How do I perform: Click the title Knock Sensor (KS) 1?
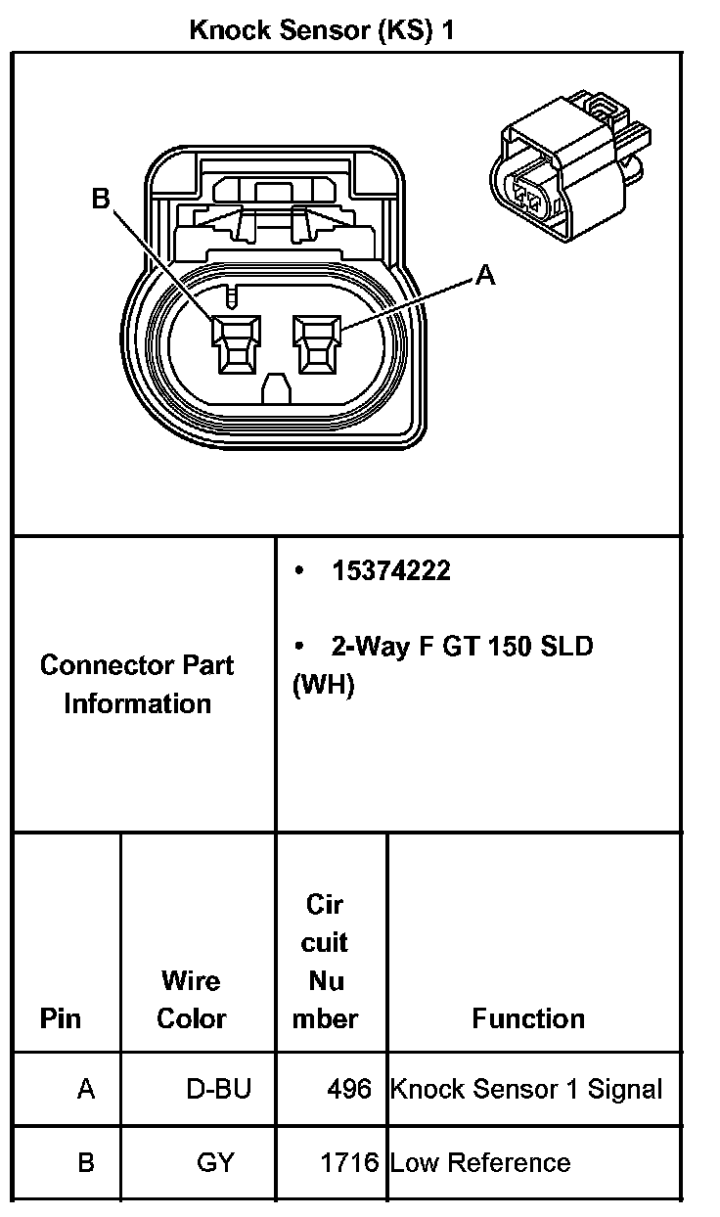(322, 30)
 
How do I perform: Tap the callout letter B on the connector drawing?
(101, 199)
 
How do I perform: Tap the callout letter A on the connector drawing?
(485, 277)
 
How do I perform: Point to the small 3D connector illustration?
(569, 165)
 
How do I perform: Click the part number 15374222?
(390, 571)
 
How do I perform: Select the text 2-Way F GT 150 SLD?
(462, 647)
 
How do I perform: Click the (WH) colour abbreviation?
(323, 685)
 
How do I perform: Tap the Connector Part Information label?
(137, 684)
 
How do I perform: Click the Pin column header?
(61, 1018)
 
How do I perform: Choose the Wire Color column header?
(192, 999)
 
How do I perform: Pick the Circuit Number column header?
(325, 961)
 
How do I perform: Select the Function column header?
(528, 1018)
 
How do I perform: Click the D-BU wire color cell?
(218, 1089)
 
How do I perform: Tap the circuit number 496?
(351, 1089)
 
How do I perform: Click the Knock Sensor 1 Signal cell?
(526, 1089)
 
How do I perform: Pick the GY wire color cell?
(215, 1163)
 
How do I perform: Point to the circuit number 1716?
(349, 1163)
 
